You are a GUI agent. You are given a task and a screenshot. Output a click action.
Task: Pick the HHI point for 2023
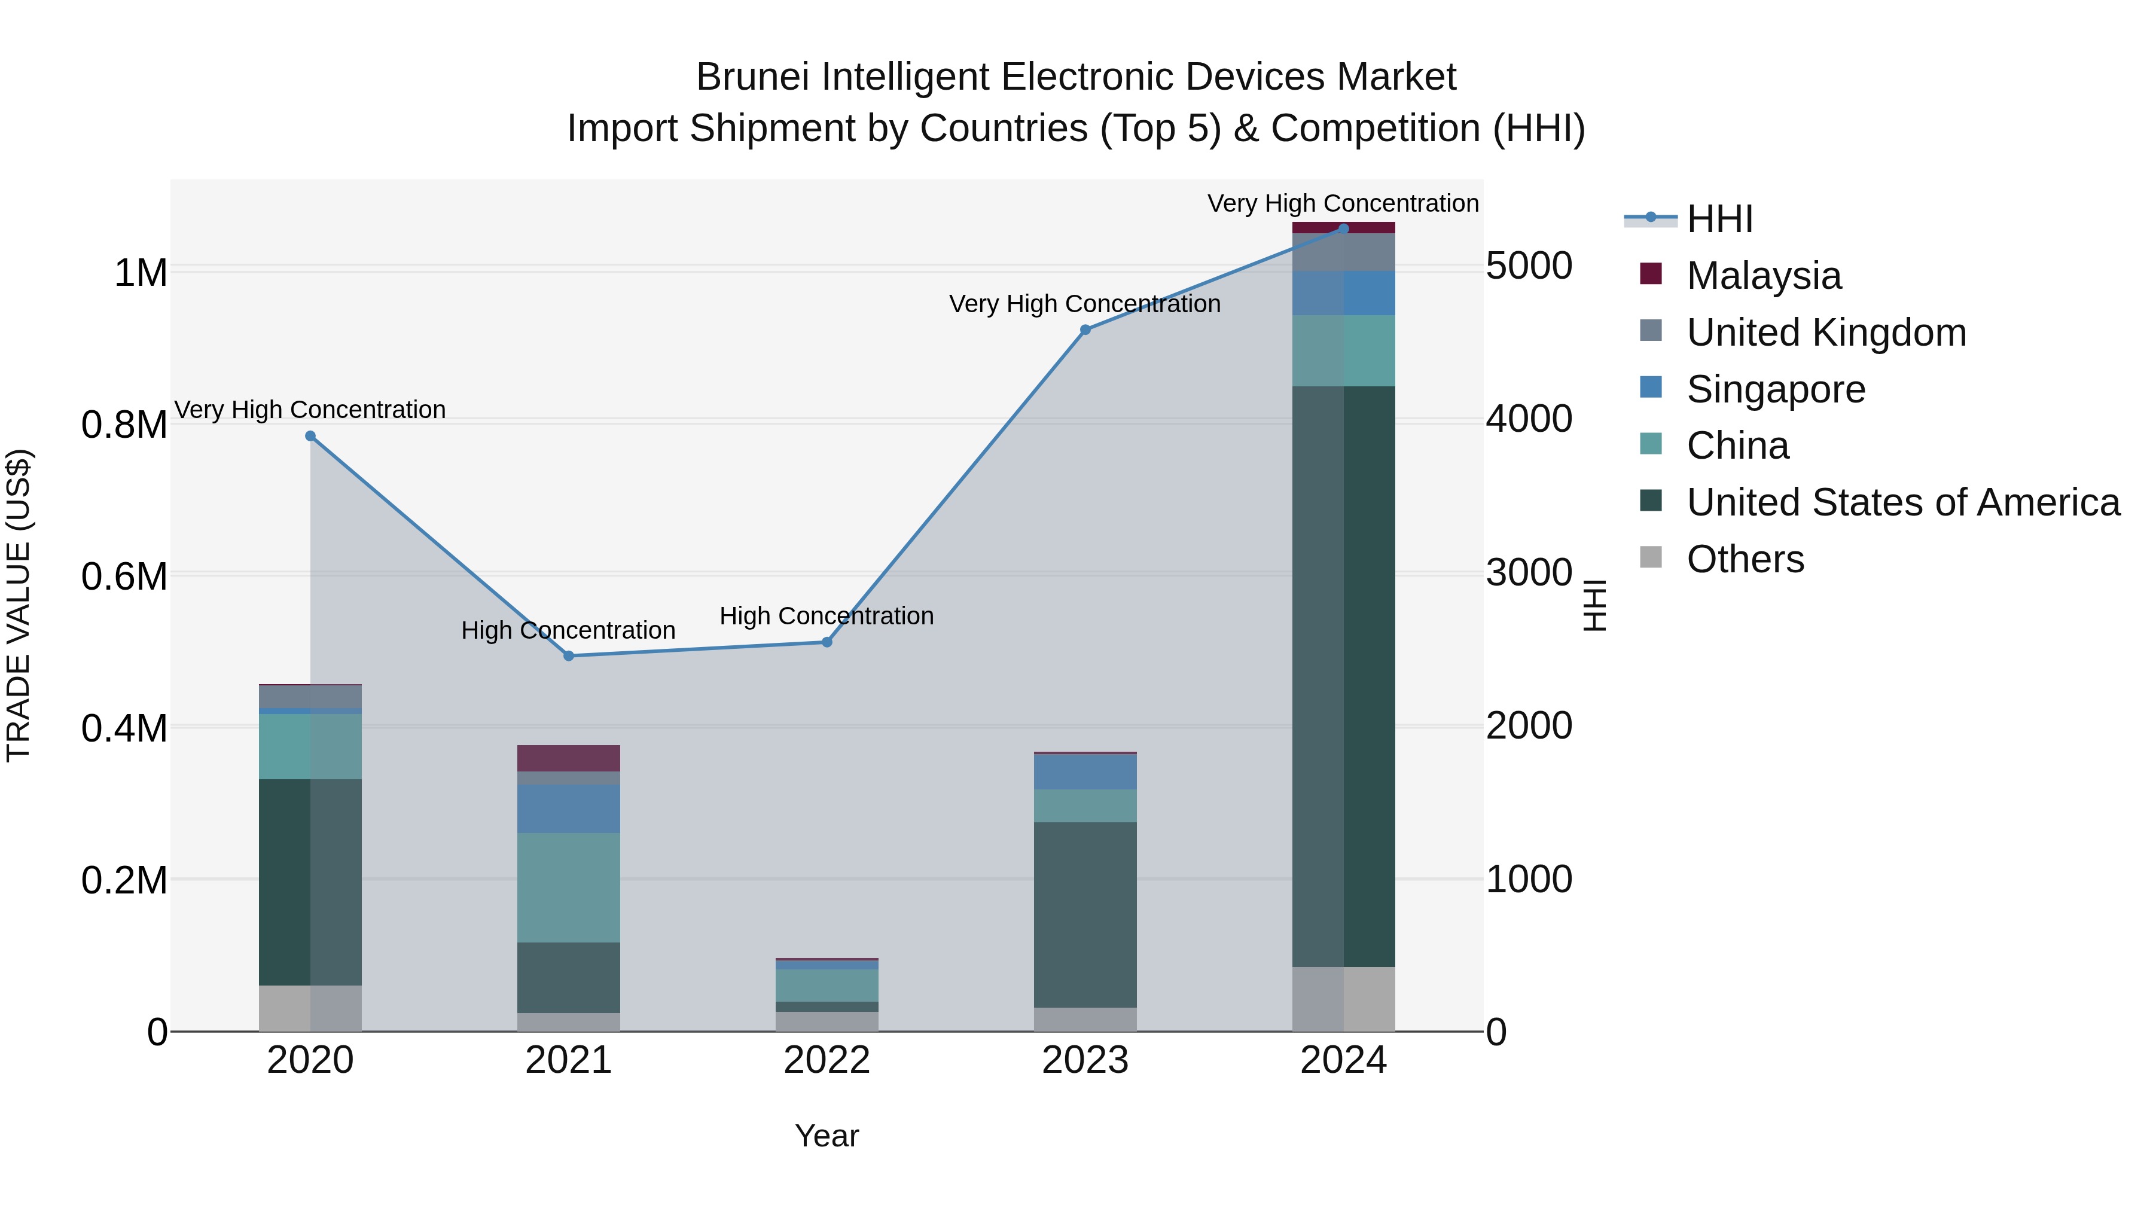[1085, 330]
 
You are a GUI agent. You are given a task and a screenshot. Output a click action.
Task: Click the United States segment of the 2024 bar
[1343, 677]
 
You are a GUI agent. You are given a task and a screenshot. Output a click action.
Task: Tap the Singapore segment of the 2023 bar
[1085, 772]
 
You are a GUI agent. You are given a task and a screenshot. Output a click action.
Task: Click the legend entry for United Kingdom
[1826, 333]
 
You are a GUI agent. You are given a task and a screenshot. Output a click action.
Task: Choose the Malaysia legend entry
[1764, 276]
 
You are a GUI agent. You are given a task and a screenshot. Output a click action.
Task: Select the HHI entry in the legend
[1719, 219]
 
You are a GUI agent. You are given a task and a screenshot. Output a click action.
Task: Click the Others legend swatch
[1651, 557]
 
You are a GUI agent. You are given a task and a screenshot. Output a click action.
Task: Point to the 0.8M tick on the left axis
[124, 425]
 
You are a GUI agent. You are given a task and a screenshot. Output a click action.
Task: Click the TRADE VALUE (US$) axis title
[19, 605]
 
